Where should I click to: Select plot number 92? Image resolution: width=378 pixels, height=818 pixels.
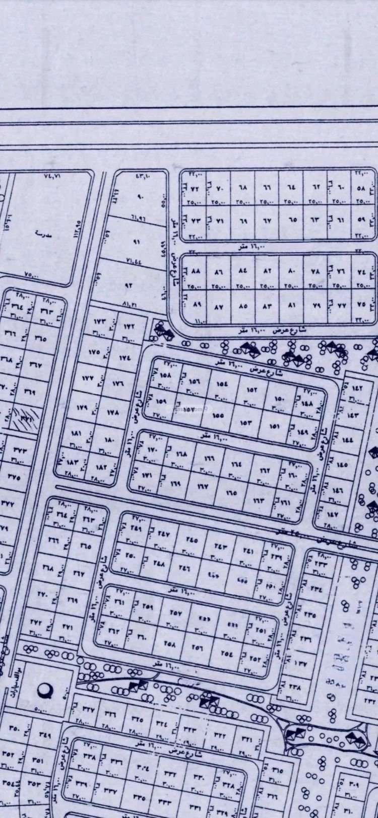click(128, 285)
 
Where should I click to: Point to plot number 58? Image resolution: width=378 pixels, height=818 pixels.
click(360, 189)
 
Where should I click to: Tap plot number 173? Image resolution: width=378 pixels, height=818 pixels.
click(98, 321)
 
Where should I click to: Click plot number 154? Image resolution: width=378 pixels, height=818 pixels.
click(222, 384)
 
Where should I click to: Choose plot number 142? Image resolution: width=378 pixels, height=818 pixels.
click(357, 388)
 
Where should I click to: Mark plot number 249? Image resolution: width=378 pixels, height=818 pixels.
click(136, 528)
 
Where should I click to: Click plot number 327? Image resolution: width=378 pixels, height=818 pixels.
click(89, 709)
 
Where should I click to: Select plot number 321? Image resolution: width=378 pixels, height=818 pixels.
click(247, 739)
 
